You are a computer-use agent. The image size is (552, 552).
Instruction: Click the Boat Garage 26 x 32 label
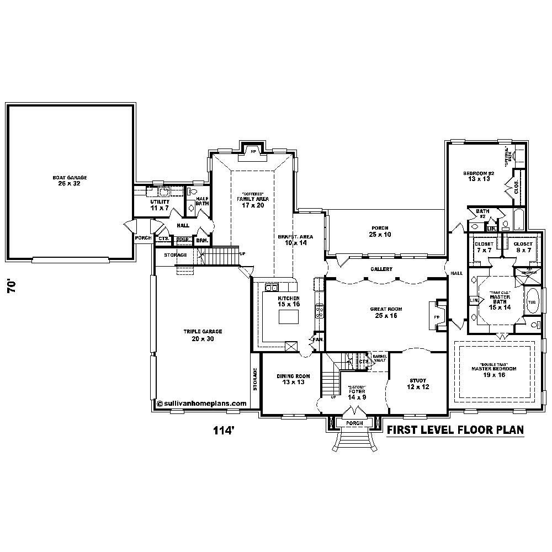[70, 181]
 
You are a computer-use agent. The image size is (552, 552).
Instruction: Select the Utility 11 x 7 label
[159, 205]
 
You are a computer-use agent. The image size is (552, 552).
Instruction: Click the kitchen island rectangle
[288, 317]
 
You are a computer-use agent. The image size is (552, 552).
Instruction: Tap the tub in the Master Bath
[532, 302]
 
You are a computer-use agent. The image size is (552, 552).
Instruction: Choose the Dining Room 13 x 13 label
[293, 379]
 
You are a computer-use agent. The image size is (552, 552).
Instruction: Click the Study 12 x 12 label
[418, 383]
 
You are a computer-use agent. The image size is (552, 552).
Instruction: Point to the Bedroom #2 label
[478, 176]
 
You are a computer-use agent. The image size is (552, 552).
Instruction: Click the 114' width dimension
[224, 430]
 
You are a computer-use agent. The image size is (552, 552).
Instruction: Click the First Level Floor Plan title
[454, 430]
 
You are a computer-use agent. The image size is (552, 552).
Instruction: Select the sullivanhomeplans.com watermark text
[201, 404]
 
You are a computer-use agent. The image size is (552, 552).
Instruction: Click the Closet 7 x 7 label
[484, 247]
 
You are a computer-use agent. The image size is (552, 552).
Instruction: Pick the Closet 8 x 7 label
[523, 247]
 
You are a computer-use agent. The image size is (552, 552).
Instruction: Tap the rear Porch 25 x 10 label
[379, 231]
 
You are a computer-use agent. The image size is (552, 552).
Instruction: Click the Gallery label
[381, 269]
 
